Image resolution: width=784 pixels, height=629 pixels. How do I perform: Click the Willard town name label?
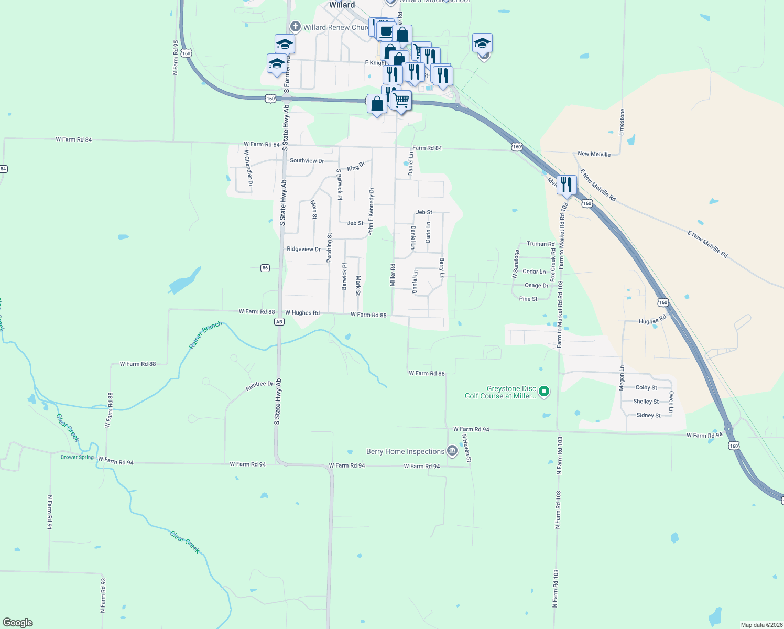pyautogui.click(x=342, y=5)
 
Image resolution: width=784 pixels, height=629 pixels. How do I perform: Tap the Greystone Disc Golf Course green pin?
pyautogui.click(x=544, y=391)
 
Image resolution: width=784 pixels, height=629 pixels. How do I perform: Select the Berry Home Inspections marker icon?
pyautogui.click(x=452, y=451)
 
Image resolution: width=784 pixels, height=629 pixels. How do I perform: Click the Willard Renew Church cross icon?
pyautogui.click(x=296, y=27)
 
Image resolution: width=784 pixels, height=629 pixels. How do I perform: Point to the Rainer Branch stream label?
pyautogui.click(x=205, y=335)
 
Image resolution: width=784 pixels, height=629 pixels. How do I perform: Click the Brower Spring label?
pyautogui.click(x=77, y=457)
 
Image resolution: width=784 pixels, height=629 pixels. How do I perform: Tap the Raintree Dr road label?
pyautogui.click(x=259, y=386)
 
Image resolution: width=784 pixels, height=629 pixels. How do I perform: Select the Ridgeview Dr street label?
pyautogui.click(x=303, y=249)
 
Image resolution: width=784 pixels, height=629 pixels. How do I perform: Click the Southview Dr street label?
pyautogui.click(x=307, y=160)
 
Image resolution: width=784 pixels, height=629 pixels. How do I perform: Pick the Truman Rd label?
pyautogui.click(x=540, y=244)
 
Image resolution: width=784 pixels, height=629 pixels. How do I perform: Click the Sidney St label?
pyautogui.click(x=648, y=415)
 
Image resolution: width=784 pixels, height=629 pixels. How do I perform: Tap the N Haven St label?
pyautogui.click(x=466, y=448)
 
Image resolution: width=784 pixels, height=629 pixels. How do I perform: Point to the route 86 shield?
pyautogui.click(x=265, y=268)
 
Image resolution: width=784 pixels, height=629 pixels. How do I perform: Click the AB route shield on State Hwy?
pyautogui.click(x=279, y=322)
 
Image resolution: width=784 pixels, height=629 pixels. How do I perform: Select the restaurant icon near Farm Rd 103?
pyautogui.click(x=566, y=185)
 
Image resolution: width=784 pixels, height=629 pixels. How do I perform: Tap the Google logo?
pyautogui.click(x=18, y=623)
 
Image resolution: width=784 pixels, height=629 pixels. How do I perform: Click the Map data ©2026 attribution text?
pyautogui.click(x=759, y=625)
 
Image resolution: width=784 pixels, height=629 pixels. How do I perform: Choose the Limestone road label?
pyautogui.click(x=622, y=122)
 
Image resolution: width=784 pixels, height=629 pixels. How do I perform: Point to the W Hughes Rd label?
pyautogui.click(x=302, y=313)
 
